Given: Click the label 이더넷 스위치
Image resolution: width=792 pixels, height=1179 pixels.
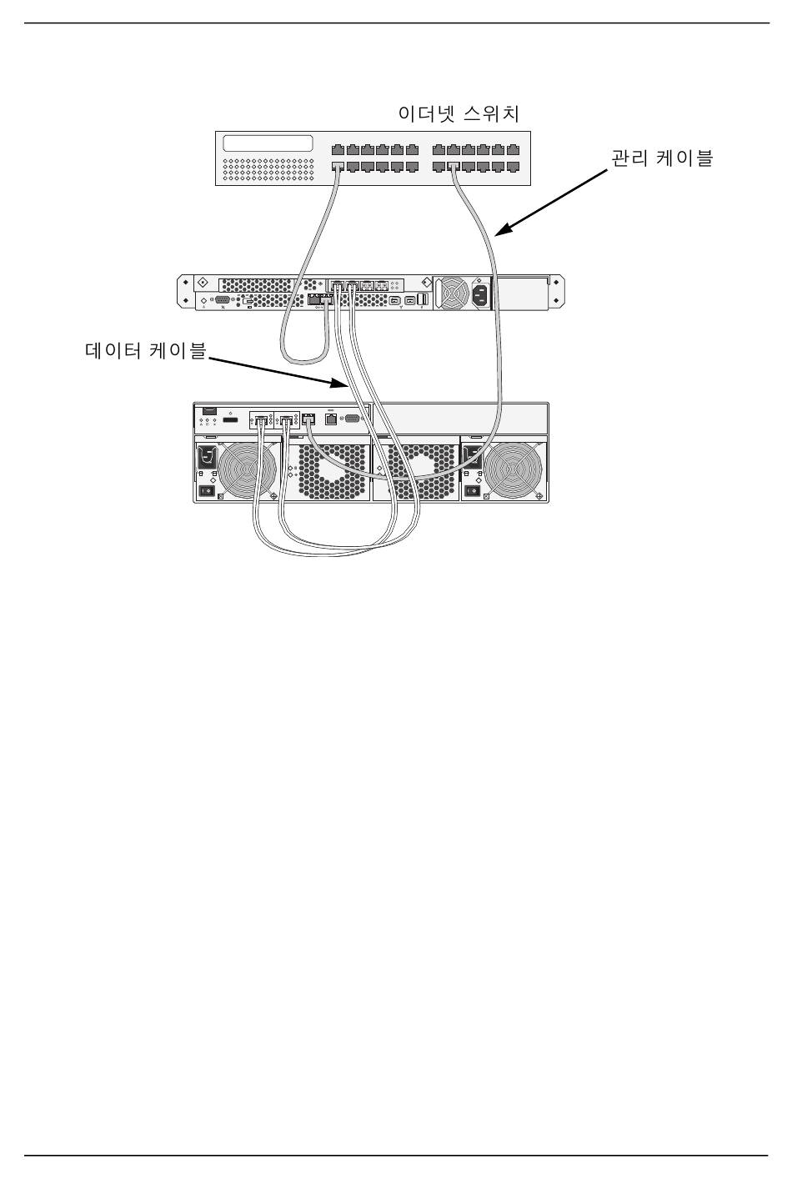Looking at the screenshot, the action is [x=459, y=113].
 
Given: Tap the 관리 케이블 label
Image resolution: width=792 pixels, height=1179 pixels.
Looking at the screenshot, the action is [x=663, y=158].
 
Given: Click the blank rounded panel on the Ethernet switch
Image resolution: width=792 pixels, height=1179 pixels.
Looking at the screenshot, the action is [x=268, y=143].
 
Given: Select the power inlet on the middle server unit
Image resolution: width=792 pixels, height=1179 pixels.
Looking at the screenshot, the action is [x=481, y=293].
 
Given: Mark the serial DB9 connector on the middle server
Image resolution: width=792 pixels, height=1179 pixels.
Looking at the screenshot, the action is [x=222, y=299].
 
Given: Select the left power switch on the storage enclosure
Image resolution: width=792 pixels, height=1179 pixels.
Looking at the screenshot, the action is [x=206, y=491].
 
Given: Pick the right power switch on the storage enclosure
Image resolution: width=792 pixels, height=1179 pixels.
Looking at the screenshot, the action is [x=472, y=491].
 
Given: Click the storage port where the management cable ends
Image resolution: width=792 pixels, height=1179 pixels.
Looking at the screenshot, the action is [x=309, y=419].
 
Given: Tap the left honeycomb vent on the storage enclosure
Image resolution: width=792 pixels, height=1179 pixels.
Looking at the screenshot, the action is [x=333, y=471].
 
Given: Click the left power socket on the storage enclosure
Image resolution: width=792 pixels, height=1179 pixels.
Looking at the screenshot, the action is [x=207, y=458].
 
